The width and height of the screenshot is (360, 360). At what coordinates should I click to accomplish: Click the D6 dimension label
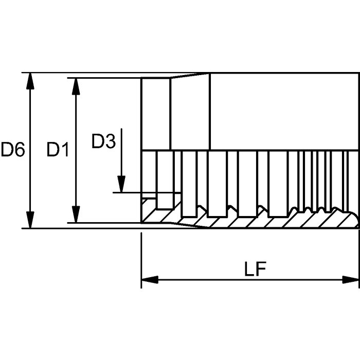point(13,150)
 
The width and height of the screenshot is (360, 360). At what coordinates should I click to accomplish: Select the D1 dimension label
point(58,150)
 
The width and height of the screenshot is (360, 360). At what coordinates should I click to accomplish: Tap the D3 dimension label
point(103,141)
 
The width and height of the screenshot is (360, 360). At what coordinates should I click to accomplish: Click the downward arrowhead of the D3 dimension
point(121,184)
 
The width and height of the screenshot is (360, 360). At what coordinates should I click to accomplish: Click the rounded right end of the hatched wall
point(356,220)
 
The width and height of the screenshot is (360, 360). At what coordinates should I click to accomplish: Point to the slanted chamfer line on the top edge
point(190,76)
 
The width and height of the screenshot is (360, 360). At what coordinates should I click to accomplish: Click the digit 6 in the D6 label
point(19,150)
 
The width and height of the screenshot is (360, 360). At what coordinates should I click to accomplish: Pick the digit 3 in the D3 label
point(110,141)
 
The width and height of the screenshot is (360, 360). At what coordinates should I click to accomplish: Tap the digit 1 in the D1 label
point(65,150)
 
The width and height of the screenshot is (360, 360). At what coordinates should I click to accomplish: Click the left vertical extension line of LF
point(141,257)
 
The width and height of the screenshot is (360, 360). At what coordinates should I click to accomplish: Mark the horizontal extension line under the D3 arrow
point(144,193)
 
